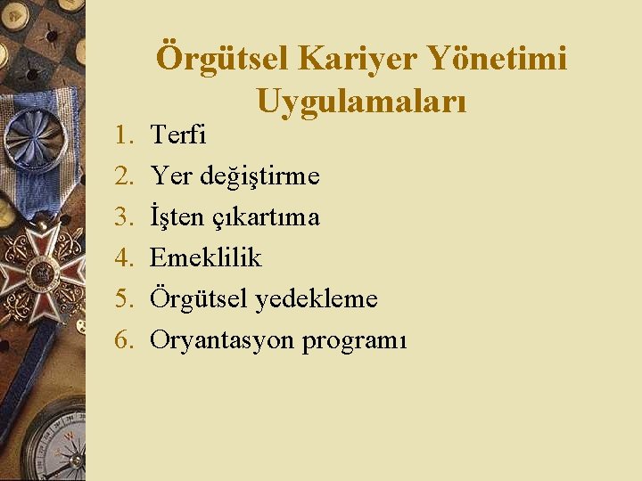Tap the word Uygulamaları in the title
(x=361, y=101)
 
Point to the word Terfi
(x=178, y=135)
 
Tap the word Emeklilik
(x=206, y=257)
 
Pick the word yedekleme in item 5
(x=317, y=298)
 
